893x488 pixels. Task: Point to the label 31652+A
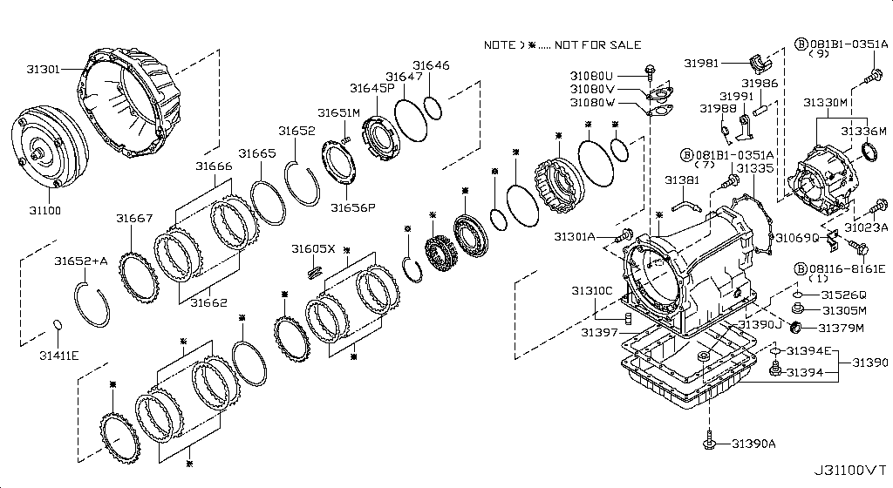(80, 261)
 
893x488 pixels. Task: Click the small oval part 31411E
(58, 326)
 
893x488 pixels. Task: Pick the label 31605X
(313, 248)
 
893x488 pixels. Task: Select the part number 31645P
(372, 88)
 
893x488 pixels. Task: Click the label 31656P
(352, 207)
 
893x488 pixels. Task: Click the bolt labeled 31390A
(710, 444)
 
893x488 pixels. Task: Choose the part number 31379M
(840, 328)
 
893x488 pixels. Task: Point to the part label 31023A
(864, 228)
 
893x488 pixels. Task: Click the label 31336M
(862, 131)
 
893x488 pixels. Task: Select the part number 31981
(701, 63)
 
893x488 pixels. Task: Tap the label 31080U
(592, 75)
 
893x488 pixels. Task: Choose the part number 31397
(600, 332)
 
